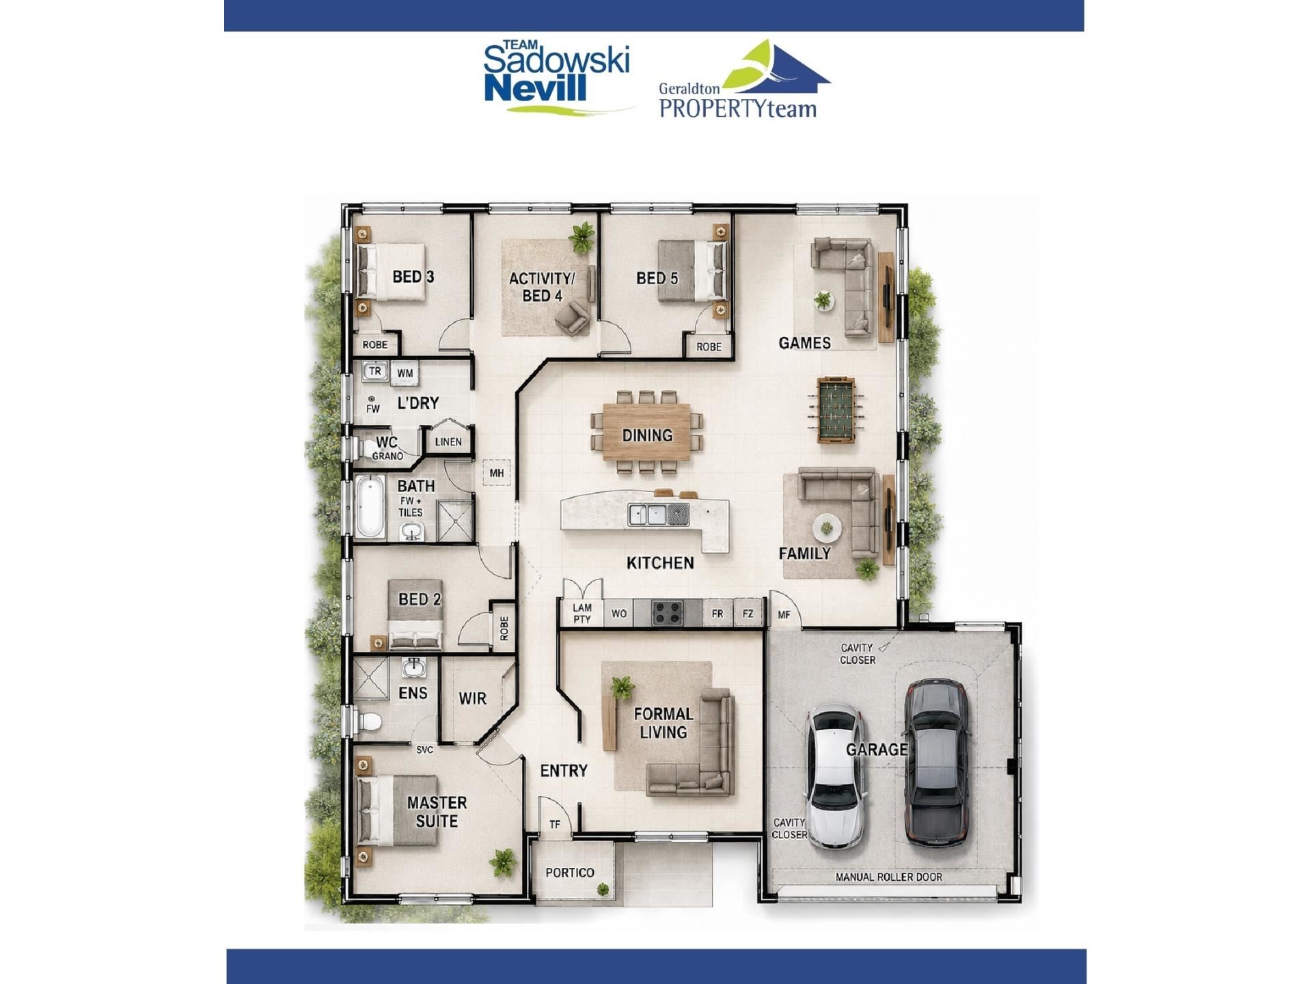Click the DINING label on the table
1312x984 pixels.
coord(647,435)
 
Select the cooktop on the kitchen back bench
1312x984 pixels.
coord(666,612)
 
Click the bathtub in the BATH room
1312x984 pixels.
coord(370,508)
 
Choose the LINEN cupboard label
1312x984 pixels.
coord(448,441)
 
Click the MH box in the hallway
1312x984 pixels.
coord(496,472)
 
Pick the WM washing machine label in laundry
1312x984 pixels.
coord(405,373)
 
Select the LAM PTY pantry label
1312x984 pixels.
coord(582,613)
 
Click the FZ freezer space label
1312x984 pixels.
coord(748,614)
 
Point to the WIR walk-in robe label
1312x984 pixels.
coord(472,698)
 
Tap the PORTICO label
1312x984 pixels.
coord(570,873)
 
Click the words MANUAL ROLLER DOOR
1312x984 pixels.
coord(888,877)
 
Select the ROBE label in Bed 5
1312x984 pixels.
coord(709,347)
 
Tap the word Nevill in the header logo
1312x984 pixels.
coord(536,87)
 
